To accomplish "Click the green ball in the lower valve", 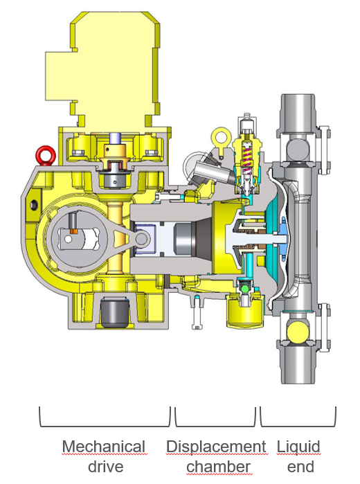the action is [x=246, y=288].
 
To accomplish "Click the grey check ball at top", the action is [x=297, y=148].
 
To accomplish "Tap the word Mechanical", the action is [x=104, y=447].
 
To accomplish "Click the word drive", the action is [x=106, y=467].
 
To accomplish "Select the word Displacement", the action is [x=216, y=447].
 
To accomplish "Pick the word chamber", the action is [x=218, y=467].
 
